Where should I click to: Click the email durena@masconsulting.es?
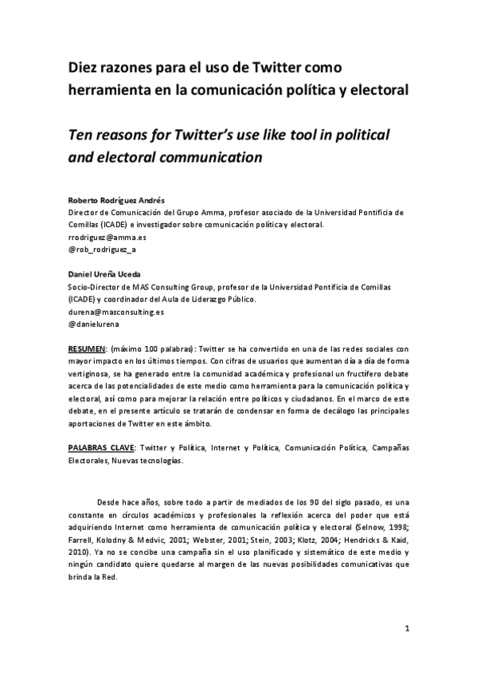pos(115,312)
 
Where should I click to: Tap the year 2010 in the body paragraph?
pos(78,552)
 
